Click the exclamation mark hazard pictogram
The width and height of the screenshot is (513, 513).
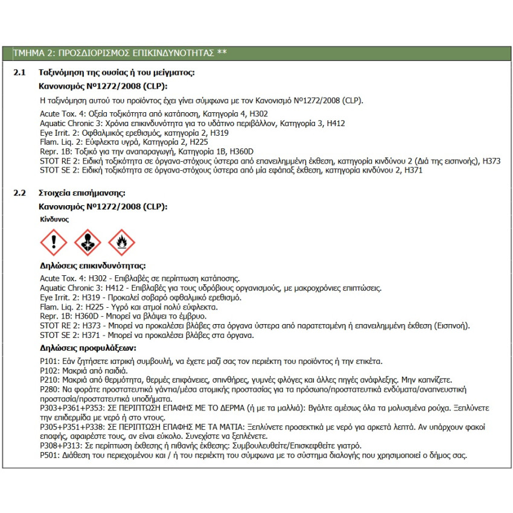click(53, 242)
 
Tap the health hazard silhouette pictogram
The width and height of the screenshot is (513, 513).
click(88, 242)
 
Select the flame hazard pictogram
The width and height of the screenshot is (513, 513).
click(121, 242)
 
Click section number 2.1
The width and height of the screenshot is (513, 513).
click(20, 73)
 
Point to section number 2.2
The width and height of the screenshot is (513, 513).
click(20, 193)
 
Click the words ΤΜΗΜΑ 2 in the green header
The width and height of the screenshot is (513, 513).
click(33, 53)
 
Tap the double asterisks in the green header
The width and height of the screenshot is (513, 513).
click(221, 53)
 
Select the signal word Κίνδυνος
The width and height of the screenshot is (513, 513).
click(54, 220)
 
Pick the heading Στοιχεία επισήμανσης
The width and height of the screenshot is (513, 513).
click(81, 193)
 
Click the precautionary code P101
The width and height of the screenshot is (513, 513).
click(48, 362)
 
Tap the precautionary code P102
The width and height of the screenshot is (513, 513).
click(48, 371)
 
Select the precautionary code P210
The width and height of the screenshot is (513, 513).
click(48, 380)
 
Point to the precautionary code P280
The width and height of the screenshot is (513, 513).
click(48, 390)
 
